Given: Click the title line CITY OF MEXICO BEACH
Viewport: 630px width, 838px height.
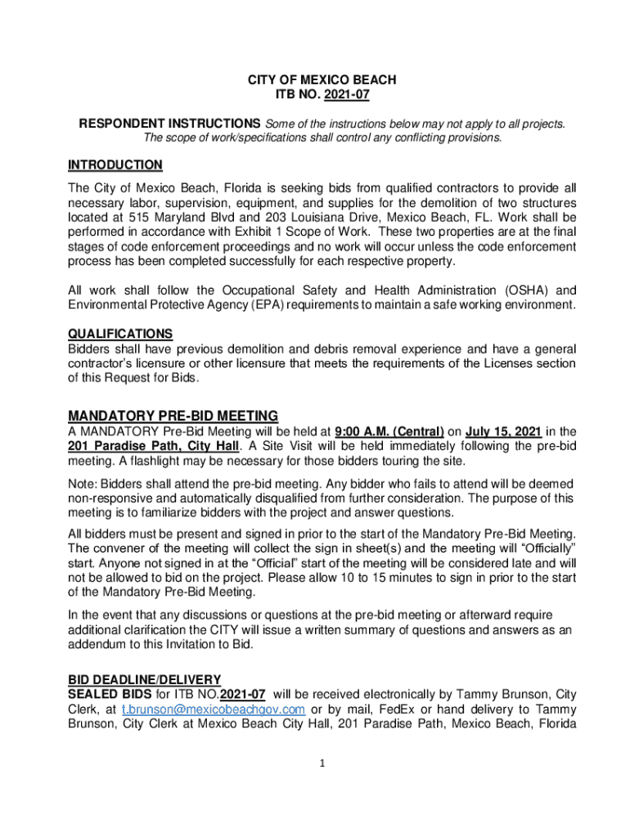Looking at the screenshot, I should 322,80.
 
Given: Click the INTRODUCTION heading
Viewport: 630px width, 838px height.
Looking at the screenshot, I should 115,165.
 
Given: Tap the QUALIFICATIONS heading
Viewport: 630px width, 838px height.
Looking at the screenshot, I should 119,334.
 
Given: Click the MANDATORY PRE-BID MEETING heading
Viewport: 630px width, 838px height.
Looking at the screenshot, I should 173,415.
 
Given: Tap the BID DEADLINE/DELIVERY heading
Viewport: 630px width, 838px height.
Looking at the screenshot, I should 144,679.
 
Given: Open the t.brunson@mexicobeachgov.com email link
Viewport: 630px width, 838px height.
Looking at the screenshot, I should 214,710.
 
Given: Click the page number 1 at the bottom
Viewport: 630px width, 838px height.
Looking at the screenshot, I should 322,764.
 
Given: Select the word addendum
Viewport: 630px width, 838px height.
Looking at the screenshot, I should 97,644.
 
